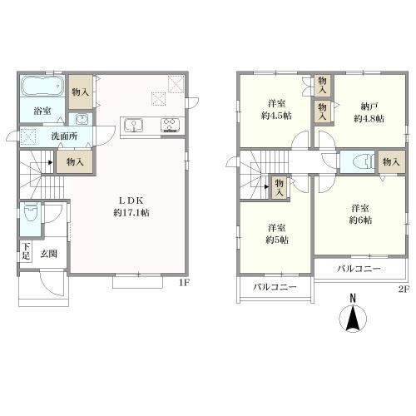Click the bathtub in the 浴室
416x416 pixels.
(42, 86)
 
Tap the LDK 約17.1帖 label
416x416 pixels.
(131, 206)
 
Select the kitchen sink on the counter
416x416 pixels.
(134, 125)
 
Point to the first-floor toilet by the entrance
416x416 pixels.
(31, 212)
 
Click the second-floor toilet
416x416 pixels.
(364, 161)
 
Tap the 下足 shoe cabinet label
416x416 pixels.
(26, 251)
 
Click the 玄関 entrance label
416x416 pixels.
(49, 254)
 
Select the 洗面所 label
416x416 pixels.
(64, 136)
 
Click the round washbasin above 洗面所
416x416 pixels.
(81, 120)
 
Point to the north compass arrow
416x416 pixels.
(353, 317)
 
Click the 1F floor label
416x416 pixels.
(184, 283)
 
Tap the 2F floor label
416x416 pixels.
(404, 290)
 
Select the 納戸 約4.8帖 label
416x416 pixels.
(369, 112)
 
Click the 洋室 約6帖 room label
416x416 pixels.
(360, 214)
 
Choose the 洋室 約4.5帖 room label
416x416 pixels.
(276, 110)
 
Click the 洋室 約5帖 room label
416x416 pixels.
(277, 234)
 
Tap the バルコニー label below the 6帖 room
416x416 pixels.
(359, 269)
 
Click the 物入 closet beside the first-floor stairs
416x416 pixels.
(75, 162)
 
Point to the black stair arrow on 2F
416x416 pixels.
(267, 186)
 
